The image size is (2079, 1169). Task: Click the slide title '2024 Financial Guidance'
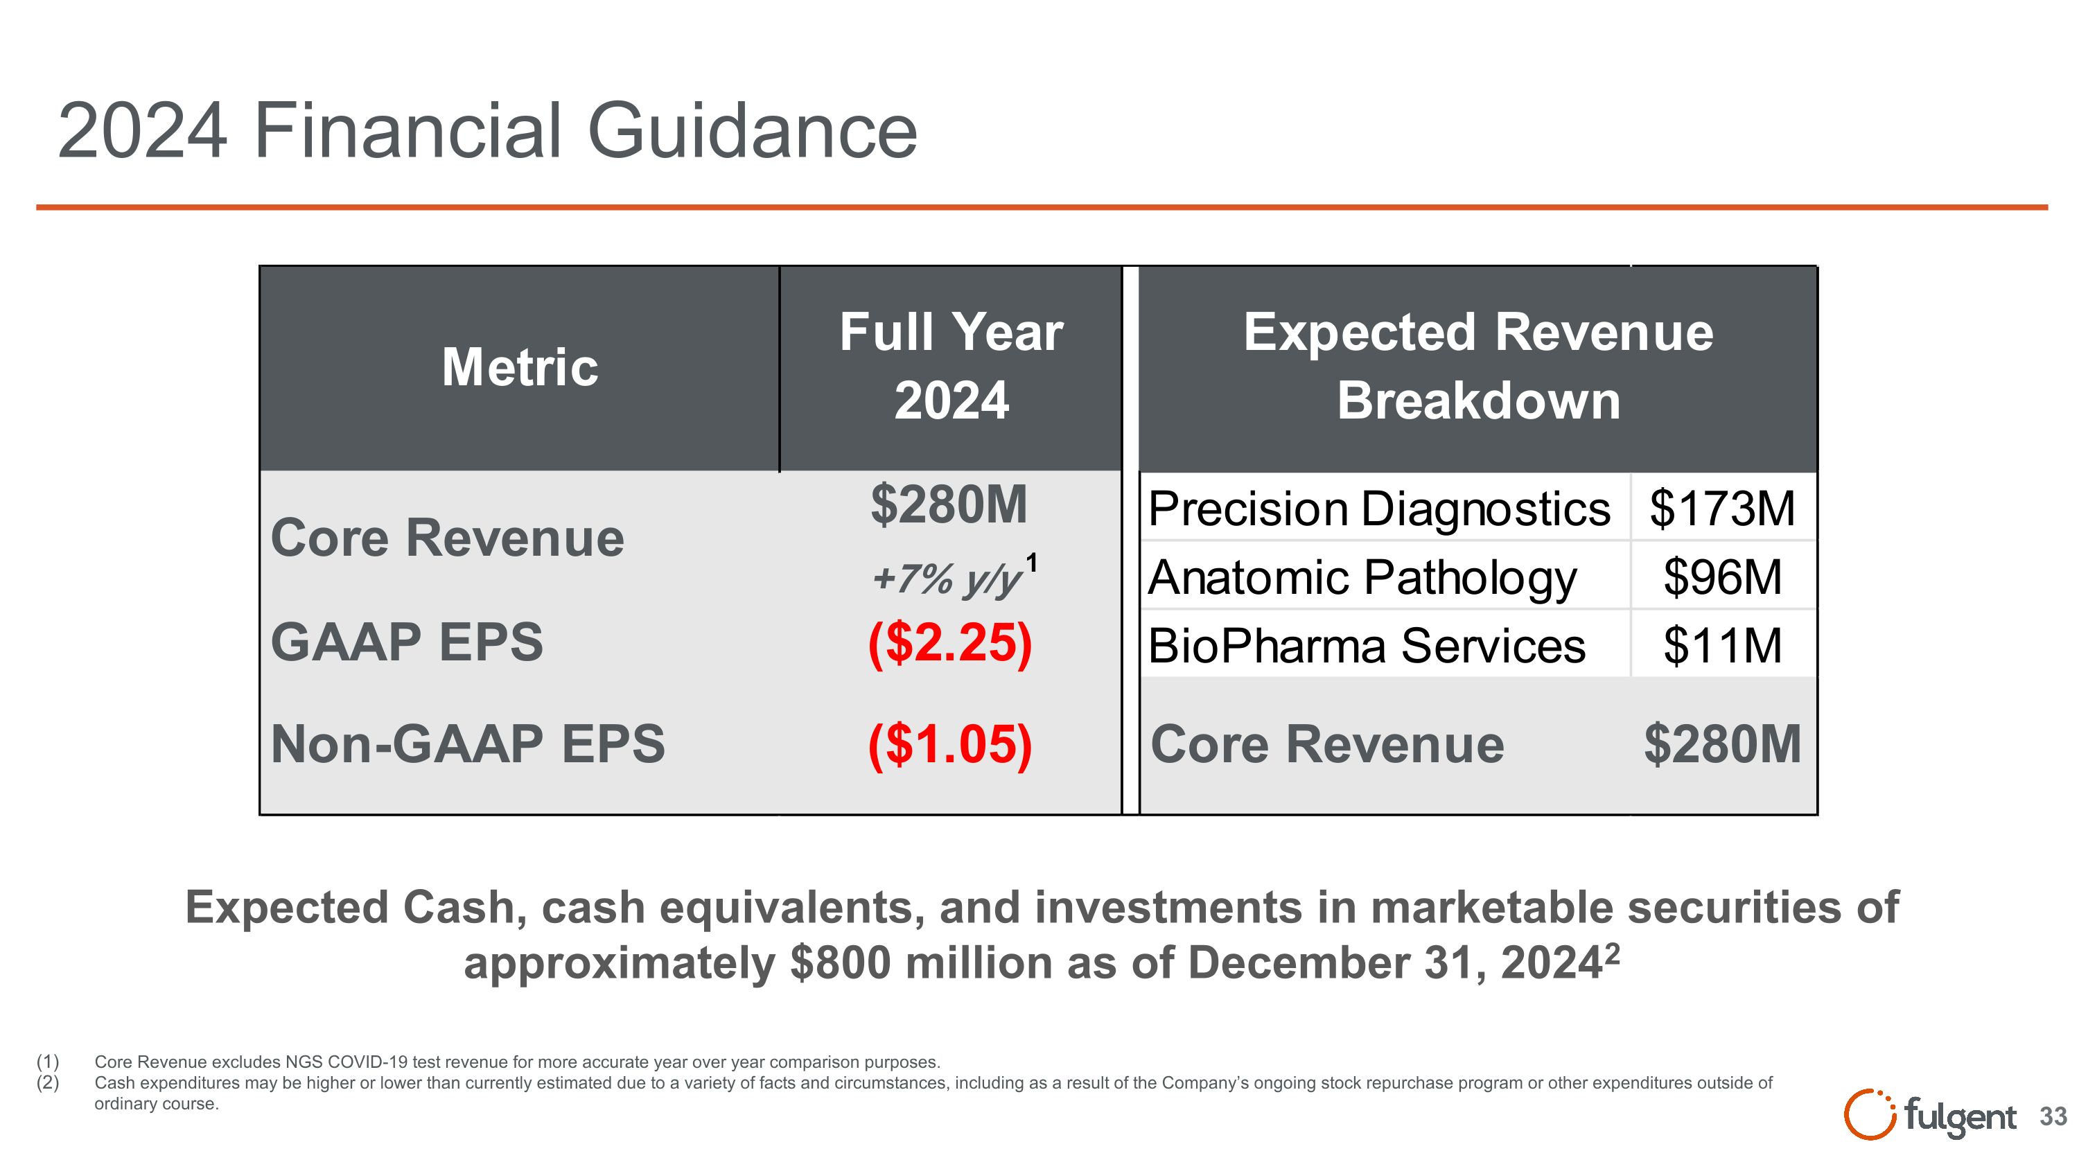486,132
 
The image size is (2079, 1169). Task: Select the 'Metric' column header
520,368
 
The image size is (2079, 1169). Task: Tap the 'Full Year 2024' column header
951,367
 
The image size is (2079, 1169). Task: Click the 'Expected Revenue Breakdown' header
1477,367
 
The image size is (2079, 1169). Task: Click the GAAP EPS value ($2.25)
950,644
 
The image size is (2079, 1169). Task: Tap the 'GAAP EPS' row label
407,643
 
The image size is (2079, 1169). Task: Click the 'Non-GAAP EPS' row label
467,744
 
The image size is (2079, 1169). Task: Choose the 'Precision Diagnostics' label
1378,509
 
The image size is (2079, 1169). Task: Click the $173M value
1722,509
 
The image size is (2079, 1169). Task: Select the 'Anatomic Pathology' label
1362,578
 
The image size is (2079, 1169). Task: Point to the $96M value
1722,578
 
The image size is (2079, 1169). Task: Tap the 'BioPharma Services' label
1367,647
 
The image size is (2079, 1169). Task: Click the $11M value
1722,647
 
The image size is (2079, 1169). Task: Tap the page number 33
2053,1117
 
